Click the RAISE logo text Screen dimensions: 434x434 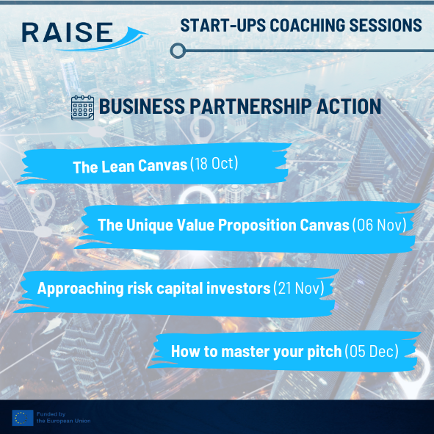tap(68, 32)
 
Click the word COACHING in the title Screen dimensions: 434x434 tap(307, 25)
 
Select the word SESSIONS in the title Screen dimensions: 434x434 tap(386, 25)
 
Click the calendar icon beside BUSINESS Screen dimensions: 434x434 tap(82, 108)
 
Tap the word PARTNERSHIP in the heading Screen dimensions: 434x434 tap(250, 106)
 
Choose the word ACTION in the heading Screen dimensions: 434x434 tap(349, 106)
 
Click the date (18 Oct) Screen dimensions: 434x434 tap(214, 163)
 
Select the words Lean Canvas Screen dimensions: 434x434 tap(145, 166)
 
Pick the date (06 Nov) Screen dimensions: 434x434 tap(379, 225)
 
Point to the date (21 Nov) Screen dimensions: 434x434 tap(299, 288)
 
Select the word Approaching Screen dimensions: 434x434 tap(81, 289)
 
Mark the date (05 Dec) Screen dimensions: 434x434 tap(372, 351)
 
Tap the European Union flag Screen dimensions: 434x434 tap(23, 418)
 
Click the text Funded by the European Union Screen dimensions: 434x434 tap(64, 418)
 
